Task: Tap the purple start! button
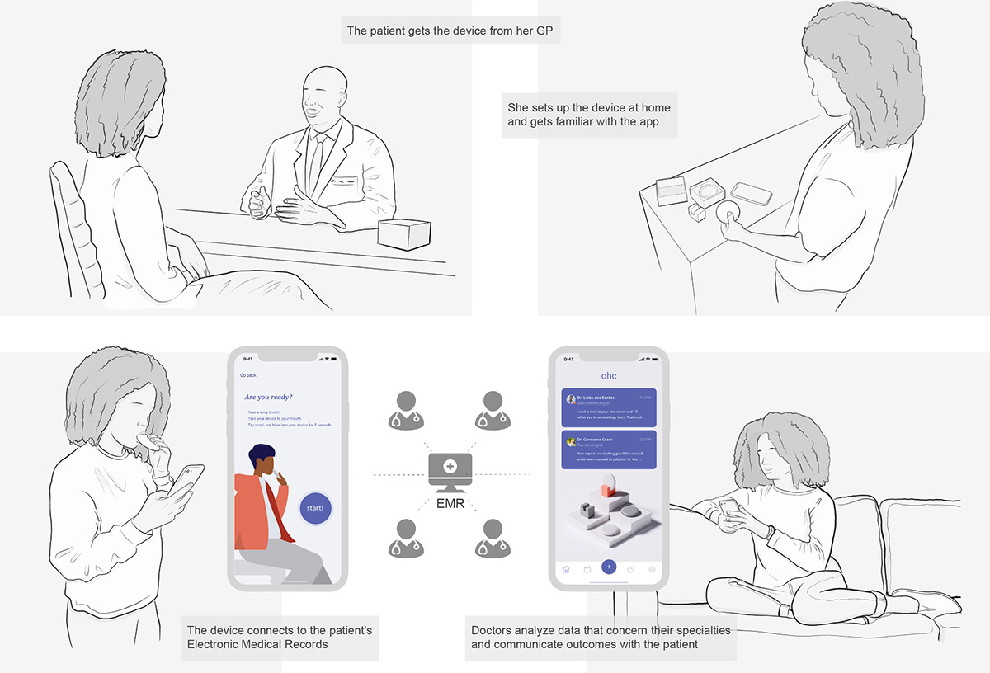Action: tap(314, 507)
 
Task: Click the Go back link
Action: tap(248, 375)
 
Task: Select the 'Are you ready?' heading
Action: tap(268, 397)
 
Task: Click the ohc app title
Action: tap(608, 375)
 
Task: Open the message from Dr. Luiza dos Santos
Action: tap(608, 407)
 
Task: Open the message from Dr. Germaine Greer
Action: tap(608, 450)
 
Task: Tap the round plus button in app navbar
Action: tap(609, 567)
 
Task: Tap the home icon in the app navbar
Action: tap(566, 569)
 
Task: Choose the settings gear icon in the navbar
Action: tap(652, 569)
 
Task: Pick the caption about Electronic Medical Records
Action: tap(280, 637)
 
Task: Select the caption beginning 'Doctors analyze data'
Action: tap(600, 637)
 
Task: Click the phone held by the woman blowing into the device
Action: tap(187, 479)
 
